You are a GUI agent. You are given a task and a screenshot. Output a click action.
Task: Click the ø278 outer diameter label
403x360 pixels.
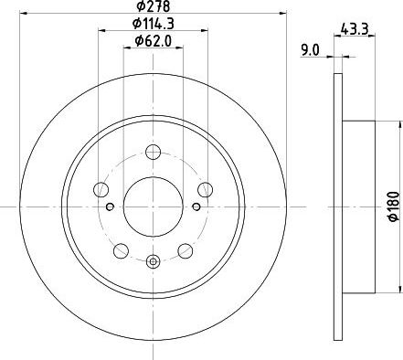(153, 6)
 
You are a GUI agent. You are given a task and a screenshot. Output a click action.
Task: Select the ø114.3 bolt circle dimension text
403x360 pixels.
(154, 24)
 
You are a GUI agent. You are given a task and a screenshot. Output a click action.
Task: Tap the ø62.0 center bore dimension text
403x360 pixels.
(154, 40)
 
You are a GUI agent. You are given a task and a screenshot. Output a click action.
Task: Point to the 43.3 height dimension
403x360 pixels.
(355, 29)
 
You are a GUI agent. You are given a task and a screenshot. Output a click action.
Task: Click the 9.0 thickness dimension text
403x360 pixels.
(310, 50)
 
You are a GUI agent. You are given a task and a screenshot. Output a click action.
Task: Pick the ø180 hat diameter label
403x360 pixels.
(394, 206)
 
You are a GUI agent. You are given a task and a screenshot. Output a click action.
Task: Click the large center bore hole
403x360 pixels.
(154, 206)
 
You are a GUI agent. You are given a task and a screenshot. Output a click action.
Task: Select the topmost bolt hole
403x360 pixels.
(154, 153)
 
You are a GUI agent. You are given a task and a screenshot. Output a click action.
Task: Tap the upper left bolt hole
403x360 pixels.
(101, 190)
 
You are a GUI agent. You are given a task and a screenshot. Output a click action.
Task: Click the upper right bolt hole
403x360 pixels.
(205, 190)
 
